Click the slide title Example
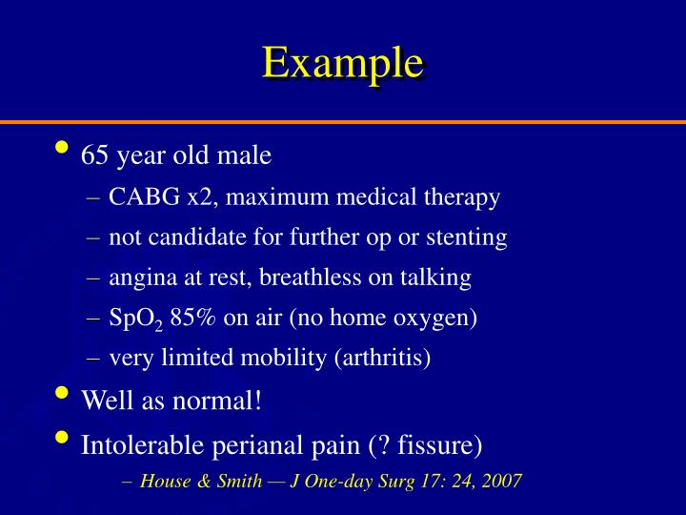(x=342, y=63)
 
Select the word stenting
(x=472, y=237)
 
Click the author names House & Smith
(x=200, y=481)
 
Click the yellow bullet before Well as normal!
(x=63, y=394)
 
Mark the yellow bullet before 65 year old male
(x=63, y=149)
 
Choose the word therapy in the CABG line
(x=465, y=198)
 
